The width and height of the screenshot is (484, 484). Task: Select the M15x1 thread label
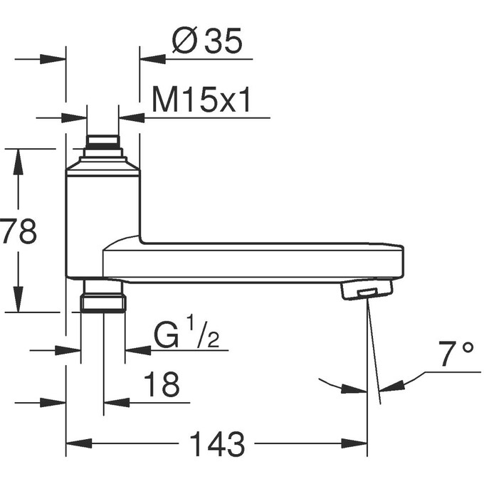click(201, 101)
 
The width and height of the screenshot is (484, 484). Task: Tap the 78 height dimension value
click(19, 231)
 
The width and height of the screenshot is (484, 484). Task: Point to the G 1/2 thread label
click(187, 335)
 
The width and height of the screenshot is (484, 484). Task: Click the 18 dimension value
click(162, 385)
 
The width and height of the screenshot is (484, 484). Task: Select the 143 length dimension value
click(217, 445)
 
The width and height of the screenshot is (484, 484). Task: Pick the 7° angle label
click(456, 354)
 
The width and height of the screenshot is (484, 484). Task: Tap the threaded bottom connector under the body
click(103, 295)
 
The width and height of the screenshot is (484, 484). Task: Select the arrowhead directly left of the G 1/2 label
click(137, 349)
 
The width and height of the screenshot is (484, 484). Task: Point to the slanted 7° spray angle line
click(374, 356)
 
